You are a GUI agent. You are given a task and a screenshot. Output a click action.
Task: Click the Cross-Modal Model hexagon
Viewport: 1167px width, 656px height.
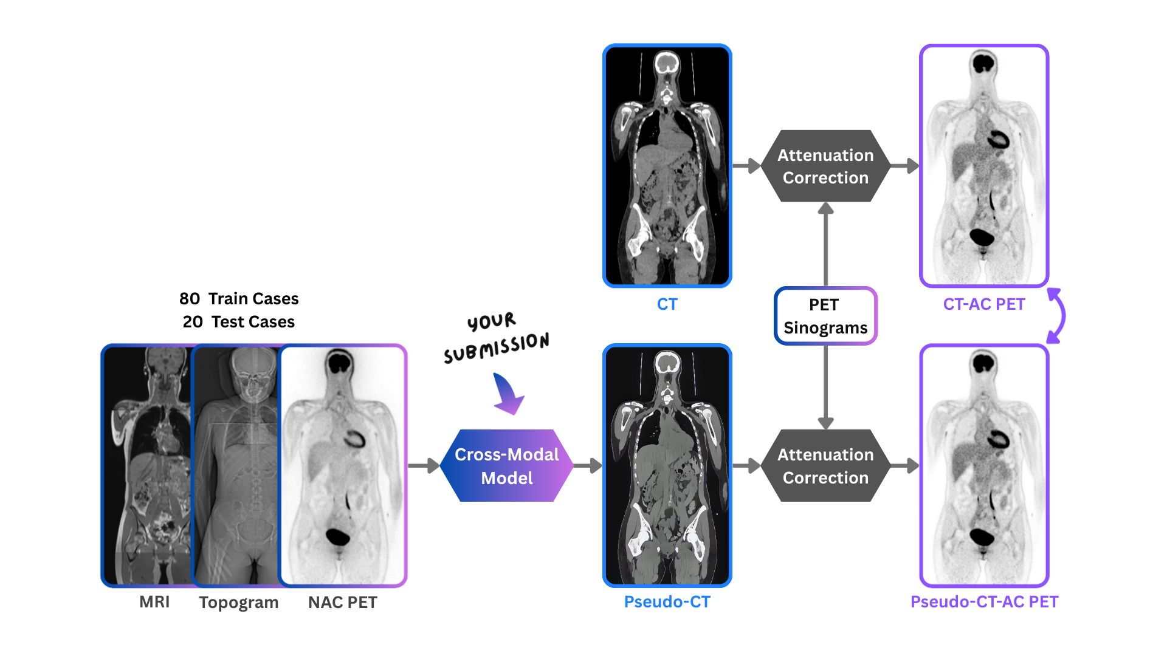[x=506, y=466]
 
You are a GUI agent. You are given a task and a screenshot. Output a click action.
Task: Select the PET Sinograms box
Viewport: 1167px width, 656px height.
[x=825, y=316]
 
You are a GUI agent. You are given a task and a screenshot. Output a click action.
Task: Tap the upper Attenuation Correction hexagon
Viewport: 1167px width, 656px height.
[x=825, y=166]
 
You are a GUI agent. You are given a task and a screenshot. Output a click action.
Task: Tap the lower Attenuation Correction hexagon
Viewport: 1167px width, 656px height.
[x=825, y=466]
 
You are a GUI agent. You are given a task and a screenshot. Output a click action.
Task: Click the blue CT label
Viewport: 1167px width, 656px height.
[x=667, y=304]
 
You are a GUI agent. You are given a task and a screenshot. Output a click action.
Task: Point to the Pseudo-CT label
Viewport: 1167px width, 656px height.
[x=667, y=602]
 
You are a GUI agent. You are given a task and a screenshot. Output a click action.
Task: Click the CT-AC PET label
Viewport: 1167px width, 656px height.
[x=983, y=304]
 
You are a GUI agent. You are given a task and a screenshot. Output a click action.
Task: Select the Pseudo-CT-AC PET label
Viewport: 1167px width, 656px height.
[x=983, y=602]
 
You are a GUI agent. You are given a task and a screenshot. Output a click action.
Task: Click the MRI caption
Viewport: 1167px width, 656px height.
[x=154, y=602]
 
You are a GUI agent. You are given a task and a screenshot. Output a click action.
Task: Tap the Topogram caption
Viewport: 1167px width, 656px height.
[x=238, y=603]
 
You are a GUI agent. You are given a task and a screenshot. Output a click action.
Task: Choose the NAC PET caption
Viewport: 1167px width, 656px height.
[x=342, y=603]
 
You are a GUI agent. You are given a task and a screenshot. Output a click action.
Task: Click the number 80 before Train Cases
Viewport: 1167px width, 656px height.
[x=190, y=299]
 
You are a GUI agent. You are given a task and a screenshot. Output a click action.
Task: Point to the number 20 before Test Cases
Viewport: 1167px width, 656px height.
[x=193, y=322]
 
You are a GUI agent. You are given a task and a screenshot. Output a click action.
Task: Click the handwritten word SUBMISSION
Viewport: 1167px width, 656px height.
[x=496, y=347]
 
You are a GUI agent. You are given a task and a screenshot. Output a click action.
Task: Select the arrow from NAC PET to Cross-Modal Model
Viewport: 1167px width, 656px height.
[x=424, y=466]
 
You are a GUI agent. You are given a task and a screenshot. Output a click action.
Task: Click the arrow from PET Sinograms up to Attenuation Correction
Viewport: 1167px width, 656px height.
[x=825, y=243]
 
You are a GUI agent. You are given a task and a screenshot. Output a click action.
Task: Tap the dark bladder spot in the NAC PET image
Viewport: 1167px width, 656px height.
[x=337, y=536]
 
